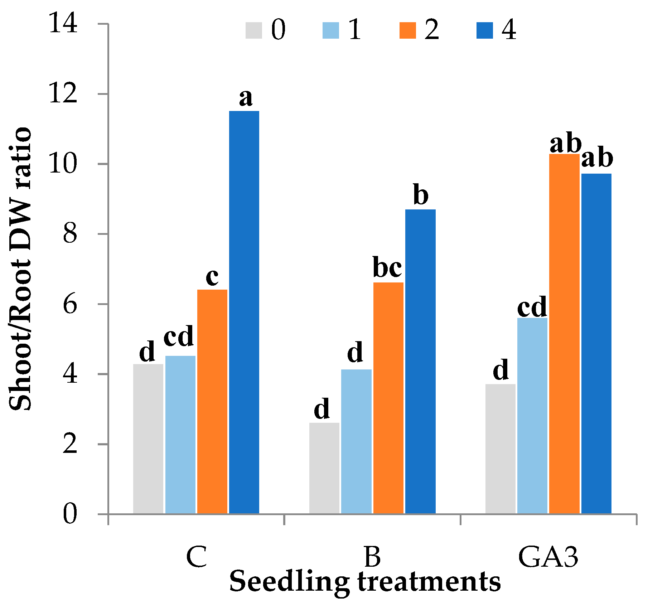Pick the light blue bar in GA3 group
pos(532,416)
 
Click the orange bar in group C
pos(212,401)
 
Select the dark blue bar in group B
pos(420,362)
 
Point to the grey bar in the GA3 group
pos(500,449)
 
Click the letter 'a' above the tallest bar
pos(246,98)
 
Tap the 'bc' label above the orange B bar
pos(387,267)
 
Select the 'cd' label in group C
pos(179,336)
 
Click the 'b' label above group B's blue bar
pos(421,195)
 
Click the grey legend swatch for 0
pos(253,30)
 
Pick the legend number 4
pos(509,30)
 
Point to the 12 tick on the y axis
pos(63,94)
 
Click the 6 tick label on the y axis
pos(70,305)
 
